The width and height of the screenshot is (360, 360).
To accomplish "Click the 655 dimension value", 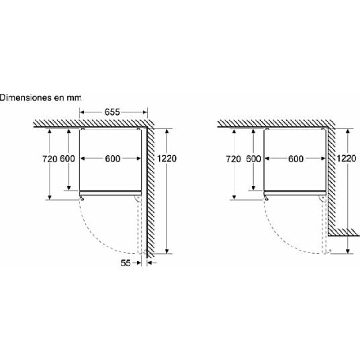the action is [x=112, y=112].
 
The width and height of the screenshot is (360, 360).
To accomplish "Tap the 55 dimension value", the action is [x=126, y=263].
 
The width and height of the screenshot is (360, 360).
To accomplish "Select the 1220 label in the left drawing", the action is [x=166, y=158].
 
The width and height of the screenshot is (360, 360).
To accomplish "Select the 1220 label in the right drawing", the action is [x=346, y=158].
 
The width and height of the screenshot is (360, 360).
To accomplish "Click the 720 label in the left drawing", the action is [x=50, y=159].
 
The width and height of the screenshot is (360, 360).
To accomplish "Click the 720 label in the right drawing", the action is [x=234, y=159].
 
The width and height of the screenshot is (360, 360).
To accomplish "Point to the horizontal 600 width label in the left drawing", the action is [x=112, y=159].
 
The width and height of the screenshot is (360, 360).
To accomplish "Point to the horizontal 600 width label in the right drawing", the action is [x=296, y=159].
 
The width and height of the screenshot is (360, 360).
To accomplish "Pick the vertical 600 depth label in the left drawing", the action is [x=67, y=159].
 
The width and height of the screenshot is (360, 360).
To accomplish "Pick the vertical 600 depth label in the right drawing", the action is [x=253, y=159].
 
